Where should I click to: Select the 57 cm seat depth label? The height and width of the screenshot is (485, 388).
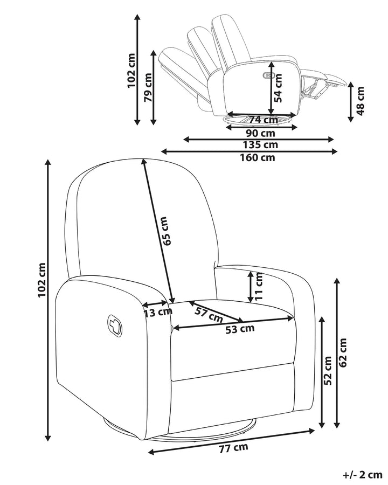(209, 314)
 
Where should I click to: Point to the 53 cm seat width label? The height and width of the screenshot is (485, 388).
(240, 329)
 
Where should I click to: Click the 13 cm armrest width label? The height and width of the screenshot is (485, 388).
(158, 312)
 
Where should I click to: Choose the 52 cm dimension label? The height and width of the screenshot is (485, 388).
(328, 371)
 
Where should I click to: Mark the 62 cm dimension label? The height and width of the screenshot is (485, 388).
(343, 352)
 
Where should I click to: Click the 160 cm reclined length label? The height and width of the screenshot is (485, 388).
(258, 157)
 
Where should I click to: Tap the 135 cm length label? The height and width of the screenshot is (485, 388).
(260, 144)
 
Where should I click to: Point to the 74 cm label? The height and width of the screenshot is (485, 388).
(264, 120)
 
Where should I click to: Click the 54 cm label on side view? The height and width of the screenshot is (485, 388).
(279, 88)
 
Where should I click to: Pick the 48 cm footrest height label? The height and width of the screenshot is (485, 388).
(361, 101)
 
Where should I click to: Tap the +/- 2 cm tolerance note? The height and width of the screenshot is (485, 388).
(362, 474)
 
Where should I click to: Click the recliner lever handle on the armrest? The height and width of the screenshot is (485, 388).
(115, 325)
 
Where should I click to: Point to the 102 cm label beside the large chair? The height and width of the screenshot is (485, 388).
(42, 280)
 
